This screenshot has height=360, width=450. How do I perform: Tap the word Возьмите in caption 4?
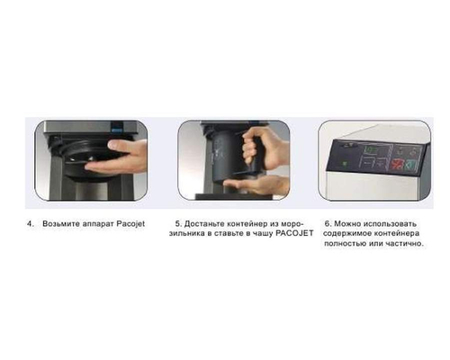61,224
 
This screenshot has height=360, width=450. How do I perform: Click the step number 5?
178,223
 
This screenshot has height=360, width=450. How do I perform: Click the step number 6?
327,223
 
